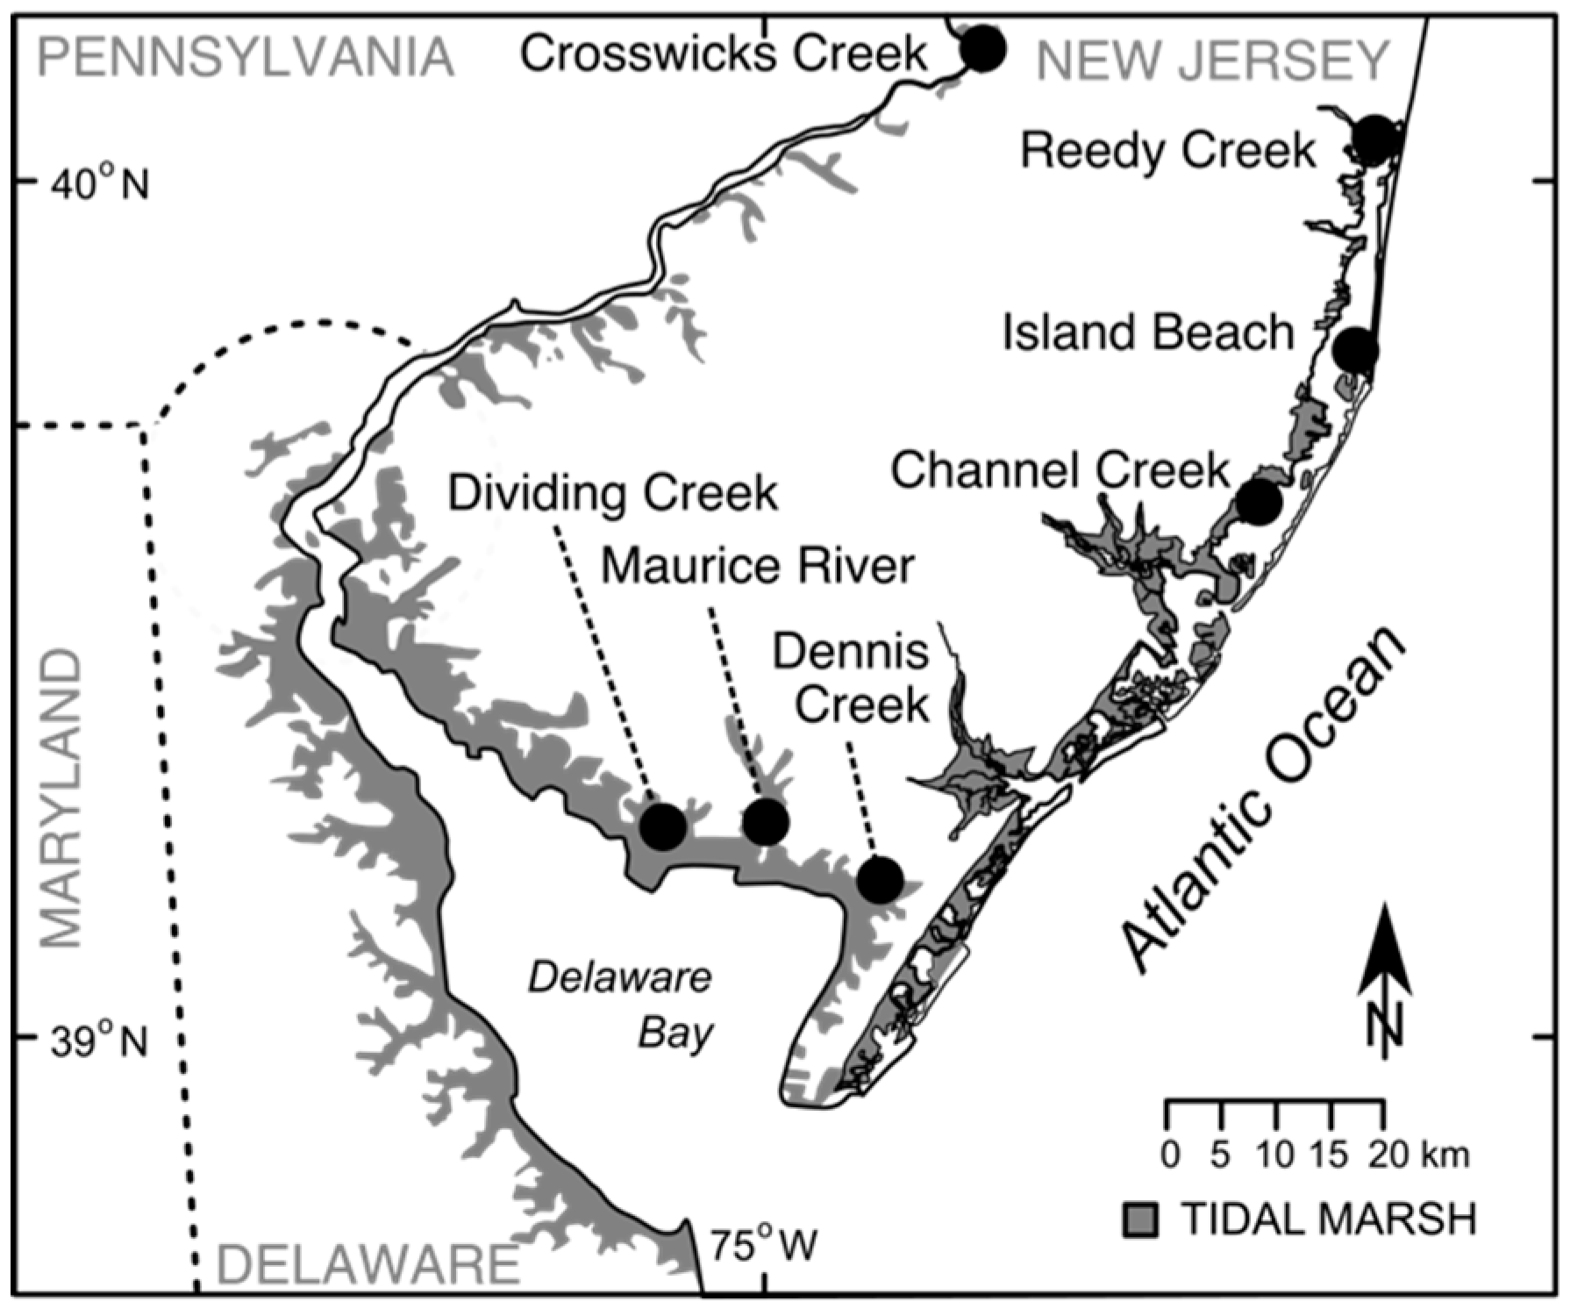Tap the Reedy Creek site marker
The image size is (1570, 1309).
1374,139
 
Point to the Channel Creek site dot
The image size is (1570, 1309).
1259,502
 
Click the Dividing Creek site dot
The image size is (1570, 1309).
662,826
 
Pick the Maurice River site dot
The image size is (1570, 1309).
765,821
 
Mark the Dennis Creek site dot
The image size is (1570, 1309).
880,879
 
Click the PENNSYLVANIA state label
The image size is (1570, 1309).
246,58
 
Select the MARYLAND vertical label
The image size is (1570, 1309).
61,799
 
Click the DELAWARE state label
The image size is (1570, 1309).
368,1264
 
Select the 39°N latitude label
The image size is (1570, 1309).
98,1041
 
